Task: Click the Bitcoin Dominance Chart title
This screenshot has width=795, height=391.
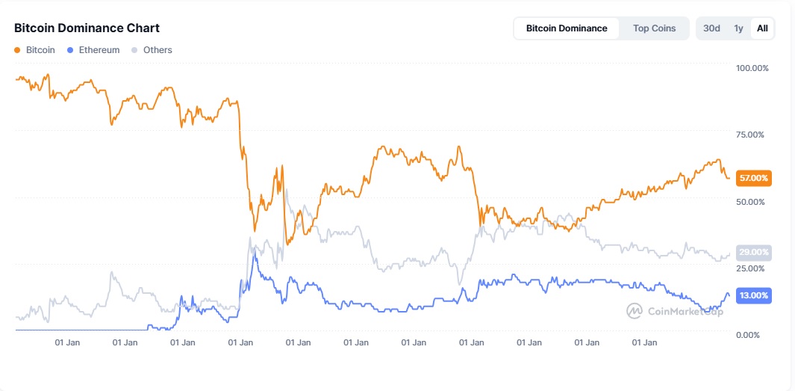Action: [87, 28]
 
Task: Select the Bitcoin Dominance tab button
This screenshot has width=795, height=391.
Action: [567, 28]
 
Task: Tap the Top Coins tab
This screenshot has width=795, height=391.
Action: [654, 28]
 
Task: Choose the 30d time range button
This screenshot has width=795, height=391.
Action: [711, 28]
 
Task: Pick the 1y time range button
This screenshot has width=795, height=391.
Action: [738, 28]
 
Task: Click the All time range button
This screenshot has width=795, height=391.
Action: [762, 28]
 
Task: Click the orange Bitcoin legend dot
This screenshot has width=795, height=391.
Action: [17, 50]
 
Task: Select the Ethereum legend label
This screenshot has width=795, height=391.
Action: [99, 50]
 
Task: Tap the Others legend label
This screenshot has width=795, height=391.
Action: [158, 50]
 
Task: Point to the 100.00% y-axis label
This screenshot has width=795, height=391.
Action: [752, 68]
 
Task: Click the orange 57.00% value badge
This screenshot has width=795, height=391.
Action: [753, 178]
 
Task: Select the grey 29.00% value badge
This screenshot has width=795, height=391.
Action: [753, 253]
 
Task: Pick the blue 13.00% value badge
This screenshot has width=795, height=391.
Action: [753, 295]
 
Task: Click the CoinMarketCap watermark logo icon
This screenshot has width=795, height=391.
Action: [634, 310]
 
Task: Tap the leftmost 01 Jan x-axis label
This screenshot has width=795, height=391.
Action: [68, 343]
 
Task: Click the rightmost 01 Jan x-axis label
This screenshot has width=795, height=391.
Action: [644, 343]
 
